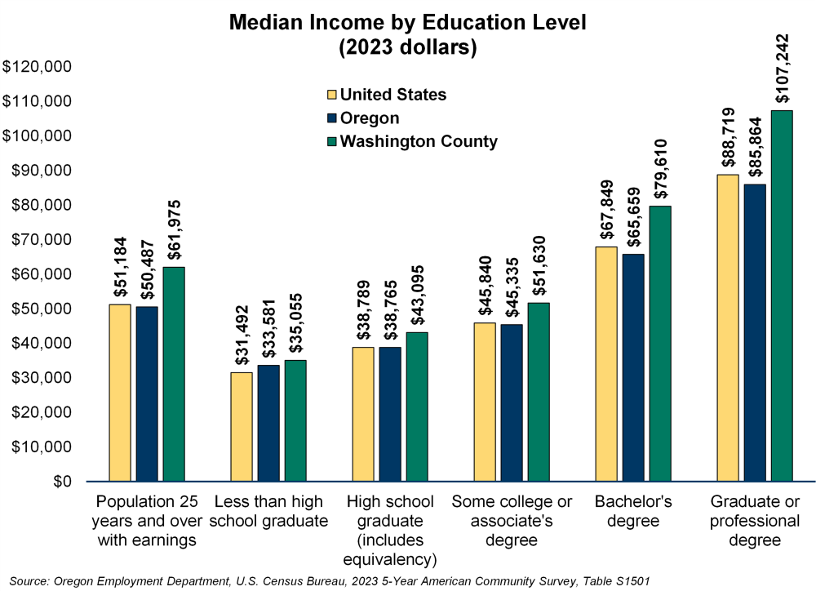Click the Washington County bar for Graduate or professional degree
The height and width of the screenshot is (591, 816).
(x=782, y=295)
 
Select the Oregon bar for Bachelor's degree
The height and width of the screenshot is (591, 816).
(x=633, y=367)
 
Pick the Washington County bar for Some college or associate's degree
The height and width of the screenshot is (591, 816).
(x=539, y=392)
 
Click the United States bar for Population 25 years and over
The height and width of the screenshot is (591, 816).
(x=120, y=393)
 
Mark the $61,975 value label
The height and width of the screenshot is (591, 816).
(x=173, y=228)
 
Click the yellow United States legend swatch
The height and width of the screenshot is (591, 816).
(x=330, y=95)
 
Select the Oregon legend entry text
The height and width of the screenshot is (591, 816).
(x=370, y=118)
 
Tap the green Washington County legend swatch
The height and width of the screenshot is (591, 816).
(x=330, y=141)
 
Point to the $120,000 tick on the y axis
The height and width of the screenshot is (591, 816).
(x=38, y=67)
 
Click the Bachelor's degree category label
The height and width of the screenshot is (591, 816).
(x=633, y=510)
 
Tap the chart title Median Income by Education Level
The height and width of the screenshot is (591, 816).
(x=407, y=22)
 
